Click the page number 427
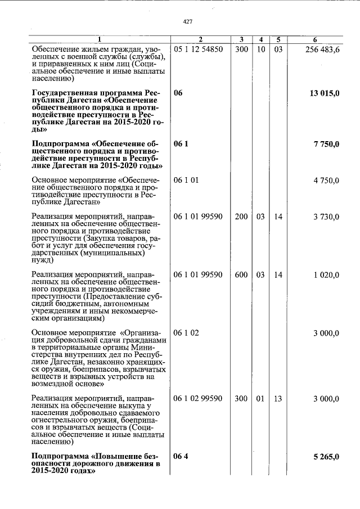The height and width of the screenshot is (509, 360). tap(188, 21)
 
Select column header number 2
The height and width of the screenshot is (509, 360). tap(200, 39)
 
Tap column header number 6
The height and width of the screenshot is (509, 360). tap(315, 39)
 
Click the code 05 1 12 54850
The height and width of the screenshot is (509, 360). tap(199, 49)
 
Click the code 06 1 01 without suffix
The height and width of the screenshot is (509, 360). tap(186, 181)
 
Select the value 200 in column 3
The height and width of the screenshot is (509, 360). tap(241, 217)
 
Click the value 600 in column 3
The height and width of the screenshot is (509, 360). tap(241, 275)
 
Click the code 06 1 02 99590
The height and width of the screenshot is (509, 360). tap(199, 399)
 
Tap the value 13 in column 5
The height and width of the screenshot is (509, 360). tap(278, 399)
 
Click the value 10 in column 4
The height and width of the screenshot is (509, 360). tap(260, 49)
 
